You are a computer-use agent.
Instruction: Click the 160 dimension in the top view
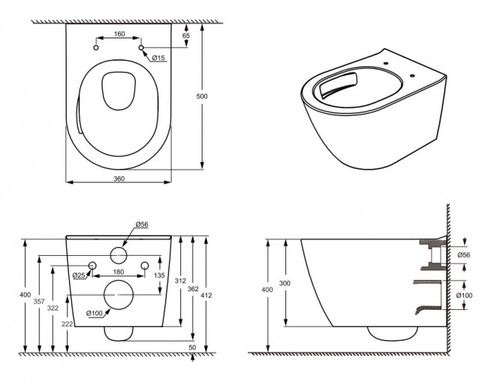(x=120, y=33)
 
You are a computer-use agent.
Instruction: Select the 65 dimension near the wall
(x=186, y=35)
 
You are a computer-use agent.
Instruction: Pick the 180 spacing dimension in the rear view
(x=118, y=272)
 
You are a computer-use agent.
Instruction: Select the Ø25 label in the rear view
(x=77, y=275)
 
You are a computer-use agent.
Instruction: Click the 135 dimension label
(x=159, y=275)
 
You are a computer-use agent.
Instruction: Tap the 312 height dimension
(x=179, y=280)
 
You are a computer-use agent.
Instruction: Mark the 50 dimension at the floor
(x=192, y=347)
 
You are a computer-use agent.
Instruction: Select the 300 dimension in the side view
(x=282, y=283)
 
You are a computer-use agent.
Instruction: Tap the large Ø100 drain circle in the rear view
(x=117, y=295)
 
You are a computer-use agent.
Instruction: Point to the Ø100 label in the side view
(x=464, y=295)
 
